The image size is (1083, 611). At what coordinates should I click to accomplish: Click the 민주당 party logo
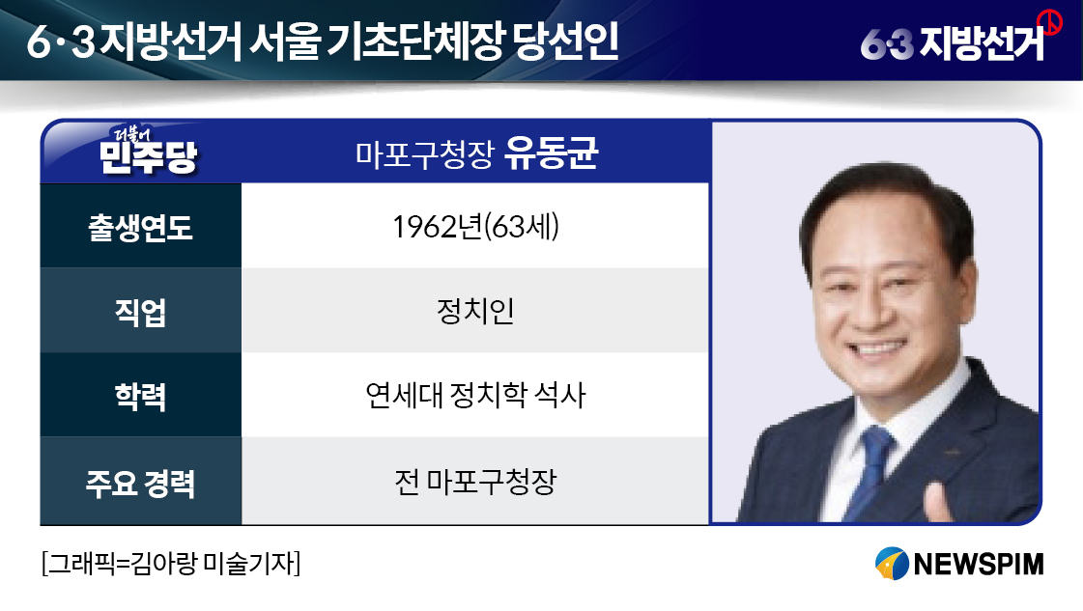148,151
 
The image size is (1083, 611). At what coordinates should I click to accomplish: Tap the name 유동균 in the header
551,153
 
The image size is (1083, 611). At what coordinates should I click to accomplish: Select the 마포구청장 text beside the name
425,154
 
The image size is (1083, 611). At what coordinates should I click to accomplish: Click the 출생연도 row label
140,227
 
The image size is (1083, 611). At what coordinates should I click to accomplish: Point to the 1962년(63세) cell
476,227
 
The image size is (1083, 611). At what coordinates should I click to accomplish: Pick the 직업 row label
140,312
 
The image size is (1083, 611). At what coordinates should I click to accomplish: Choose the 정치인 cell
475,311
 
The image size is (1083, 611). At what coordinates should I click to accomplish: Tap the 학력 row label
140,397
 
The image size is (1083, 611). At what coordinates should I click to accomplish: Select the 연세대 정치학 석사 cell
475,395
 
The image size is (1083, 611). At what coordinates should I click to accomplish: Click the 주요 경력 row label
140,483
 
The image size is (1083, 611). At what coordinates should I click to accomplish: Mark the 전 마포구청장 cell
475,482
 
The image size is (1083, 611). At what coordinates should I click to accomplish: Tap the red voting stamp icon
1049,22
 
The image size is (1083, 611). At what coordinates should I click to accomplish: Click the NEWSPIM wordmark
978,564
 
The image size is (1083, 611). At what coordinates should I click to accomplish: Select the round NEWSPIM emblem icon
891,564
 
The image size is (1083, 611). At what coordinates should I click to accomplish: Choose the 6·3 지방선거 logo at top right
954,42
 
